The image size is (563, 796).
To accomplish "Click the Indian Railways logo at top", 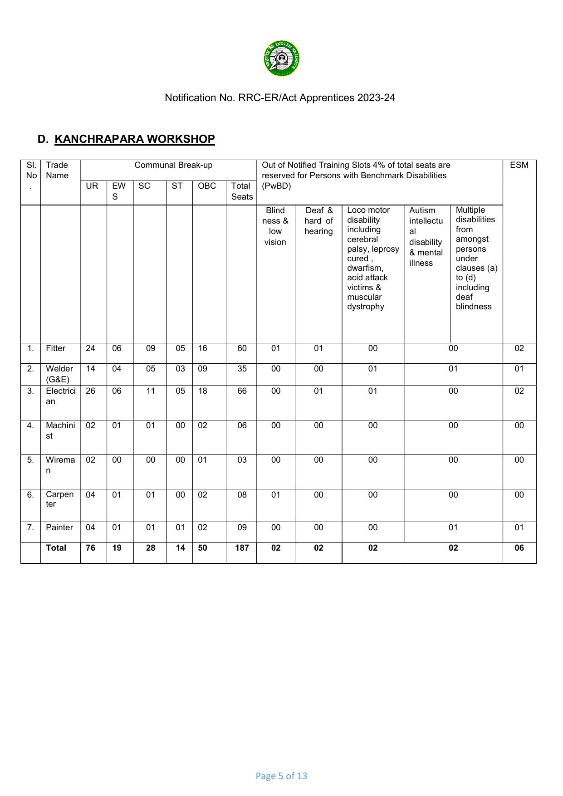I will pos(281,59).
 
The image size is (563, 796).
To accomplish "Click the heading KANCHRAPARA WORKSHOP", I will pos(134,139).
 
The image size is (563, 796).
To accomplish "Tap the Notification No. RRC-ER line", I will pos(279,98).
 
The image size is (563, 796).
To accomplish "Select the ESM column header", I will pos(519,165).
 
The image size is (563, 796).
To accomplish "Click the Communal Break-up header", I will pos(173,165).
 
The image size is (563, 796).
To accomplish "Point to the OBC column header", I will pos(207,186).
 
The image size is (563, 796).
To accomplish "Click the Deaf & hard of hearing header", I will pos(318,221).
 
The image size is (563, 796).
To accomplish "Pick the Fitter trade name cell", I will pos(55,348).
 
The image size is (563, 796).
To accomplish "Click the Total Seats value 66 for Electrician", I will pos(242,391).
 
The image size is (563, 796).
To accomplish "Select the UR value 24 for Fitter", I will pos(91,348).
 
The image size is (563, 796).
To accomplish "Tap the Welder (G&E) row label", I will pos(59,374).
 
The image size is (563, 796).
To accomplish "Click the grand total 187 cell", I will pos(242,548).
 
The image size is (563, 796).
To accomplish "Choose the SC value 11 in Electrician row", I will pos(151,391).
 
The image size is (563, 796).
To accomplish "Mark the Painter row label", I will pos(59,527).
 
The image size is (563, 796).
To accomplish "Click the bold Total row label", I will pos(56,548).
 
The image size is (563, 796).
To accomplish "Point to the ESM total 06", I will pos(519,548).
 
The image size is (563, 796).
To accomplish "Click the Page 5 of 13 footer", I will pos(281,776).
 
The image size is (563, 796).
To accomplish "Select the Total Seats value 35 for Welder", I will pos(242,369).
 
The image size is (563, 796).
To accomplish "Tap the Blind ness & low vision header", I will pos(275,226).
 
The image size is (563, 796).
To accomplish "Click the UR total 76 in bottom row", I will pos(91,548).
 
